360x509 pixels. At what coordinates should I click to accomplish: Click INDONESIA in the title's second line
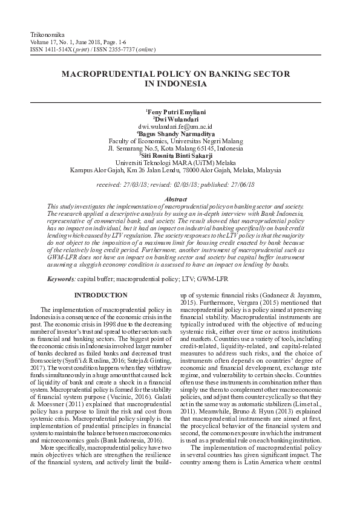(x=180, y=84)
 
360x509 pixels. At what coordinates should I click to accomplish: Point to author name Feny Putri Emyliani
(x=181, y=112)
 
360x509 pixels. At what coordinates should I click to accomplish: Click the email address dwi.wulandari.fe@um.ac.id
(x=180, y=126)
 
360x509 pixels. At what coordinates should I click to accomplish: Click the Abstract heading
(x=180, y=199)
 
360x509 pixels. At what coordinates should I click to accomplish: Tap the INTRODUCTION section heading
(x=100, y=295)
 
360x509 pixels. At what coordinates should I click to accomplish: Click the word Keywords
(x=61, y=278)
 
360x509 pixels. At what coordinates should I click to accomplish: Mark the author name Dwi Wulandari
(x=181, y=119)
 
